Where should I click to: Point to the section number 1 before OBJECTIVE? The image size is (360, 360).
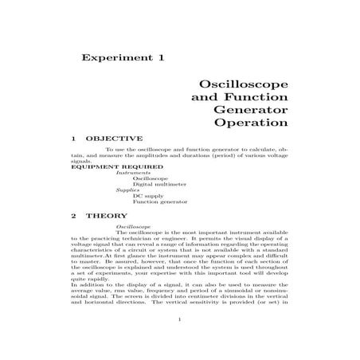pyautogui.click(x=73, y=139)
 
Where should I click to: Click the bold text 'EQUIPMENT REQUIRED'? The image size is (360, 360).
pyautogui.click(x=104, y=166)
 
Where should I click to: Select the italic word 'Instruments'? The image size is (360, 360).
pyautogui.click(x=131, y=173)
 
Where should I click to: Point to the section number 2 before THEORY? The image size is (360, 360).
pyautogui.click(x=73, y=216)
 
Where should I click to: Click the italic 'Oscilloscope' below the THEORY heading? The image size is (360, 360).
pyautogui.click(x=133, y=226)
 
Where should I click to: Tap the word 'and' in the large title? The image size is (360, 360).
pyautogui.click(x=204, y=96)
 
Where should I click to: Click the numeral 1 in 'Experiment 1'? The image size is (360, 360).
pyautogui.click(x=161, y=57)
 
